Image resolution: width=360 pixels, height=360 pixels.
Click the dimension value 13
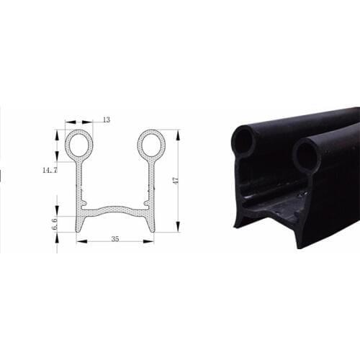(107, 120)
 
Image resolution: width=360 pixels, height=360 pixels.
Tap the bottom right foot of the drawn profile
(151, 226)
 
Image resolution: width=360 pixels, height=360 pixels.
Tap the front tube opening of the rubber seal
(307, 156)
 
